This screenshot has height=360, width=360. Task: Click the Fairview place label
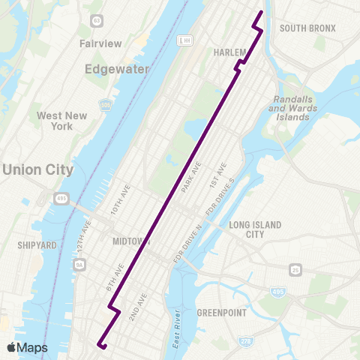coord(100,43)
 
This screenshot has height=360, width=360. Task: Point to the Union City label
coord(37,169)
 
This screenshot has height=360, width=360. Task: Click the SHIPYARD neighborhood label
coord(37,244)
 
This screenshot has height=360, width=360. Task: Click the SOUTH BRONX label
coord(307,28)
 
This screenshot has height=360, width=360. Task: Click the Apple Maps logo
coord(26,347)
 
